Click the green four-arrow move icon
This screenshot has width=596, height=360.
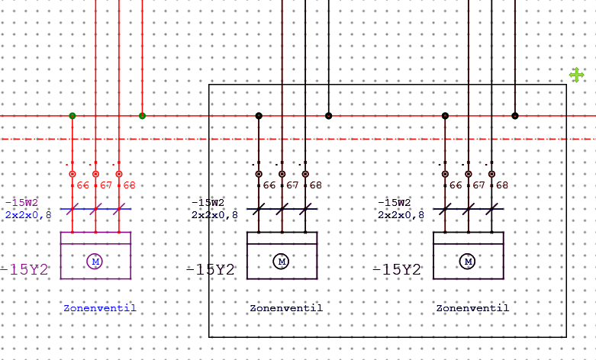[577, 75]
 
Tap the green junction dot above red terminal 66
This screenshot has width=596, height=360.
[72, 116]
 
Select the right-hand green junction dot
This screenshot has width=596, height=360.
[142, 116]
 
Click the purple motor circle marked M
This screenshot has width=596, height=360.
[95, 262]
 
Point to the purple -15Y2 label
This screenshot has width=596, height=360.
[24, 269]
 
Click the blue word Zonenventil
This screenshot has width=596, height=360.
[99, 308]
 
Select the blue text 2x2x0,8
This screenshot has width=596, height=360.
[28, 215]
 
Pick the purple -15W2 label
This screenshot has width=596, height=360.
[21, 202]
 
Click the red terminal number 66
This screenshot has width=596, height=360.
[83, 185]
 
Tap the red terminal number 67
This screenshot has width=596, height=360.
[106, 185]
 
